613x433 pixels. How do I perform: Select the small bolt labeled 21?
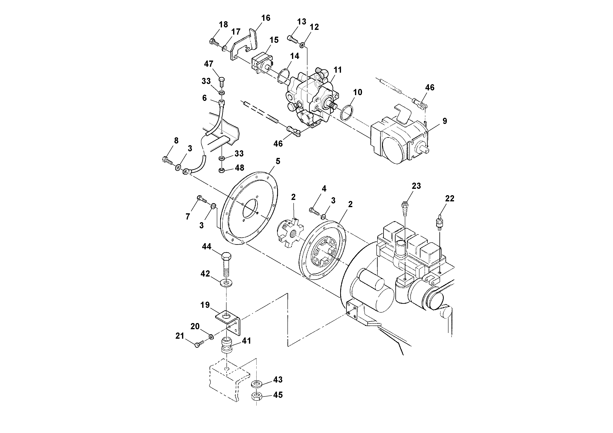click(199, 345)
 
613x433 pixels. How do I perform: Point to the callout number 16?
click(266, 18)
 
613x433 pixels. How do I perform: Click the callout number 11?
click(338, 70)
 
